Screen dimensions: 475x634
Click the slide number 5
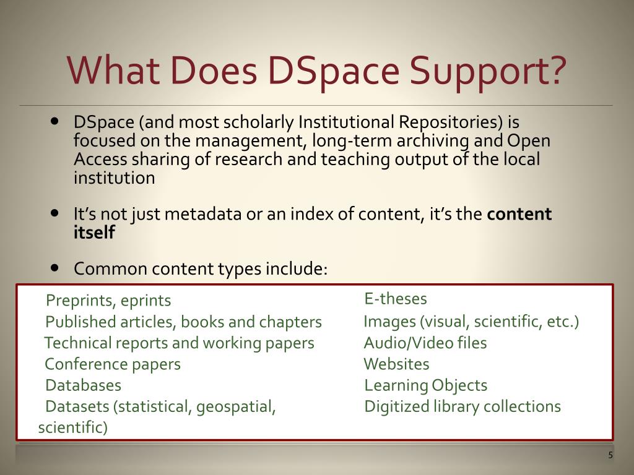(610, 456)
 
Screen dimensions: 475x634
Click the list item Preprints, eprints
(108, 301)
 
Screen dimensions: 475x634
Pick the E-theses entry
(396, 299)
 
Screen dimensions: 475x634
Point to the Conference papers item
(113, 364)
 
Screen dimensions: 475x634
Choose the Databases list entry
(83, 385)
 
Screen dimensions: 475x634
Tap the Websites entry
(396, 364)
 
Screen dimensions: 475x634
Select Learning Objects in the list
(426, 385)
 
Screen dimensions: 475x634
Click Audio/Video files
(425, 343)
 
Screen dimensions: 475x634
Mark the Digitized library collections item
(462, 406)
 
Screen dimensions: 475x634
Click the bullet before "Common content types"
(55, 268)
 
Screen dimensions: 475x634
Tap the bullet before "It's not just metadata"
(55, 212)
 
